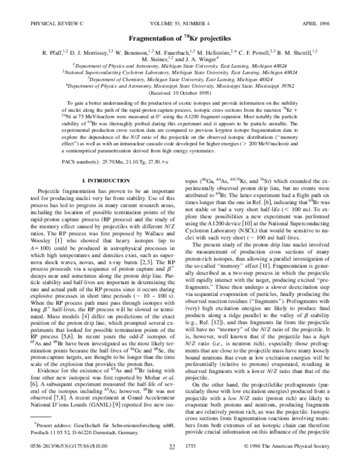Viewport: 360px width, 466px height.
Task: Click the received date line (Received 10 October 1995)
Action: click(x=179, y=92)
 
